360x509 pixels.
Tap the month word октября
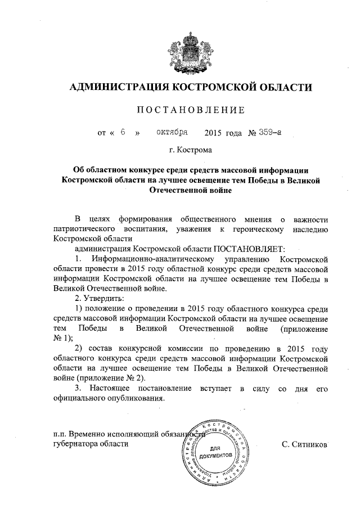point(172,133)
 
